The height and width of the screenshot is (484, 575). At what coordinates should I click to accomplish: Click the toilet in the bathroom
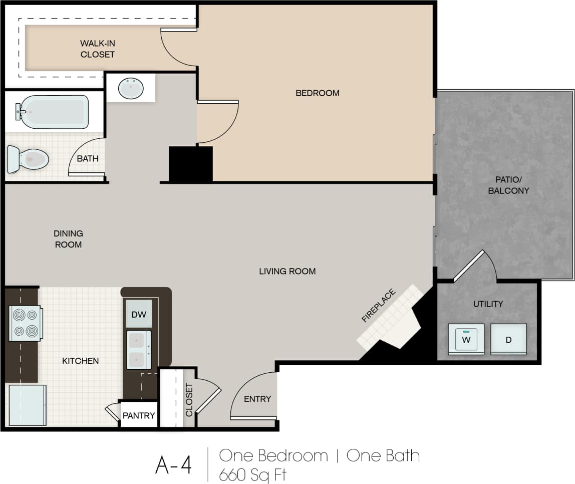[x=29, y=159]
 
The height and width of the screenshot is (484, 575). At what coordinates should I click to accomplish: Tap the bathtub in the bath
[x=53, y=111]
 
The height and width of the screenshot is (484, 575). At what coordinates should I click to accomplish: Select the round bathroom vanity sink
[x=131, y=89]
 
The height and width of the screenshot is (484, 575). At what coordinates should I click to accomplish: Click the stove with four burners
[x=25, y=323]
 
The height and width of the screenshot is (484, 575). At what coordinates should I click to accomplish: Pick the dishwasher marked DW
[x=139, y=314]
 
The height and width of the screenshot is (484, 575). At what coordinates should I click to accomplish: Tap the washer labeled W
[x=466, y=339]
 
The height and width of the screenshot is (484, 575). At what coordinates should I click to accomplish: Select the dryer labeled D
[x=508, y=339]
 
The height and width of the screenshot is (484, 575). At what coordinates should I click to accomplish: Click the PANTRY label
[x=139, y=415]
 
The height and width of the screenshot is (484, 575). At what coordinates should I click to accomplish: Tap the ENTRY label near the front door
[x=257, y=399]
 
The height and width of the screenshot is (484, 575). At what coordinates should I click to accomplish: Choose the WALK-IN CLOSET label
[x=98, y=49]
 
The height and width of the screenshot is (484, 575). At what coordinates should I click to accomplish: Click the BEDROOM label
[x=317, y=93]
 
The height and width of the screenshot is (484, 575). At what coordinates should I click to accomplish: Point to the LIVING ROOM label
[x=287, y=271]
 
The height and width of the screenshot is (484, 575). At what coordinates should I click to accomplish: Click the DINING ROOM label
[x=69, y=239]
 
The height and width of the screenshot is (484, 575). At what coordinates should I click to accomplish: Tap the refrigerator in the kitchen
[x=28, y=405]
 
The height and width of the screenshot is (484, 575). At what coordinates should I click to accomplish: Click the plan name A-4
[x=173, y=465]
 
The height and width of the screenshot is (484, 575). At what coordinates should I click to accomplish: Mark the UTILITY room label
[x=488, y=304]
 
